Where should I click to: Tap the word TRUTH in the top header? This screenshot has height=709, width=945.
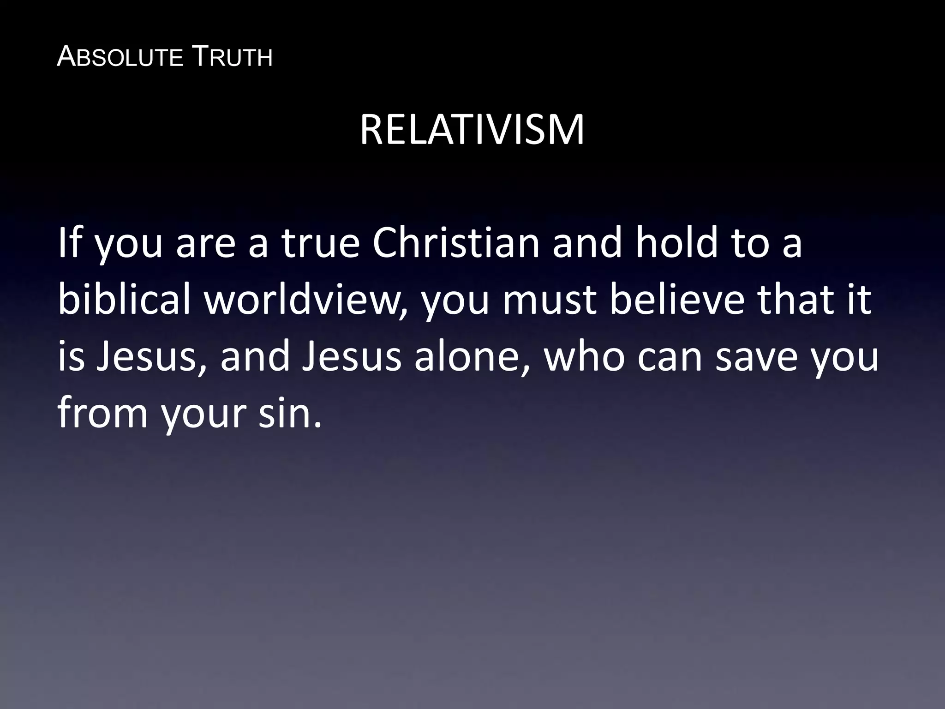click(231, 58)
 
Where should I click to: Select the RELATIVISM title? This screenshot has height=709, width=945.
click(472, 131)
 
